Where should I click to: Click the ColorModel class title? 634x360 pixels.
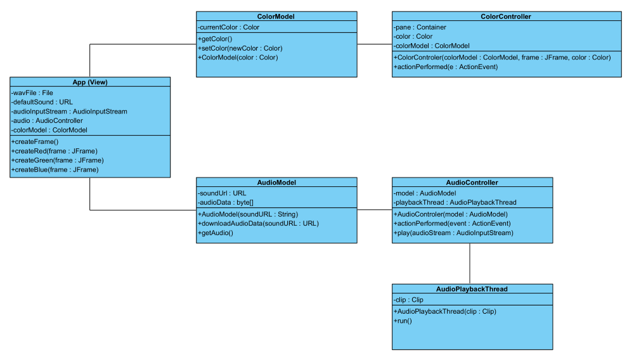tap(276, 16)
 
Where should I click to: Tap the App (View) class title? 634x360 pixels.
tap(90, 82)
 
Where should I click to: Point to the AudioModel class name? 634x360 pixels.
tap(276, 182)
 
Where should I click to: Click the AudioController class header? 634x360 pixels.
tap(472, 182)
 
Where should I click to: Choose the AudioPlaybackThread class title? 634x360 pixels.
tap(472, 288)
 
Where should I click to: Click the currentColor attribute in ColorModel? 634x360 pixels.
tap(229, 27)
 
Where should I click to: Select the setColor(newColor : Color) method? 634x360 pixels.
tap(240, 48)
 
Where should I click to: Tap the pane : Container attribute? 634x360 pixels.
tap(420, 27)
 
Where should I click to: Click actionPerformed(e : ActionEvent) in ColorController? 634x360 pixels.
tap(446, 67)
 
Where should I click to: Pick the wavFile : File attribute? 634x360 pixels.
tap(32, 93)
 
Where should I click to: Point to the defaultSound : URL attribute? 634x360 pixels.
tap(42, 101)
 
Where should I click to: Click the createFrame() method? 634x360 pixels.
tap(35, 141)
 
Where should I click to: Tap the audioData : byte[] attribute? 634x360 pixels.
tap(226, 202)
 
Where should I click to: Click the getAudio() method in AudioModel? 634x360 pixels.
tap(216, 233)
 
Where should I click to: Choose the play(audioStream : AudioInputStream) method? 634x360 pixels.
tap(453, 233)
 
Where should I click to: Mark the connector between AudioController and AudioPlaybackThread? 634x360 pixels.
tap(470, 263)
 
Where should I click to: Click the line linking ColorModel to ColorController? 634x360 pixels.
tap(374, 44)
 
